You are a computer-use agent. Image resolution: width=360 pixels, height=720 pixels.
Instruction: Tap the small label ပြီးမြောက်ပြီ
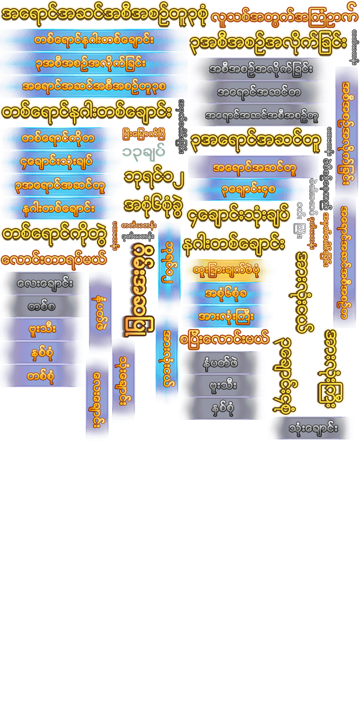(144, 134)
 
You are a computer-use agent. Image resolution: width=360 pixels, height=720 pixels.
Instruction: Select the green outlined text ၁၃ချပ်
(144, 152)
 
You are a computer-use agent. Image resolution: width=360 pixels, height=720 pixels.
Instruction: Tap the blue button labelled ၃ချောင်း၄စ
(248, 190)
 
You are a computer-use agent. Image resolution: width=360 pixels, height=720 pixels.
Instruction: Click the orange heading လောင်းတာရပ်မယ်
(53, 260)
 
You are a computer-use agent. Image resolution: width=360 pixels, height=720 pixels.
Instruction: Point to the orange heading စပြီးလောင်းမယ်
(224, 340)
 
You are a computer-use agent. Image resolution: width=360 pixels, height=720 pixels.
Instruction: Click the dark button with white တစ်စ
(41, 306)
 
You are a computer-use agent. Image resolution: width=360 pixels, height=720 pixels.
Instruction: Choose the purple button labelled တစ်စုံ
(41, 376)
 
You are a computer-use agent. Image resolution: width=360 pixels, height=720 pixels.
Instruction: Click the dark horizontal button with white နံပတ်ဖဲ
(220, 362)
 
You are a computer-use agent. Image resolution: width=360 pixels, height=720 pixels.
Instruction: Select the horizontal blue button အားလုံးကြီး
(226, 316)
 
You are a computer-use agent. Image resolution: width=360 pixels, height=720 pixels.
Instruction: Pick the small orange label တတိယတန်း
(139, 225)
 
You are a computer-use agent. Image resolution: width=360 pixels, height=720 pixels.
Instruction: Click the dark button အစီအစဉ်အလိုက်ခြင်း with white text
(261, 69)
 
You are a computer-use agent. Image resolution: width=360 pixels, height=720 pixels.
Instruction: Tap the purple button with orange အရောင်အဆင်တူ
(254, 167)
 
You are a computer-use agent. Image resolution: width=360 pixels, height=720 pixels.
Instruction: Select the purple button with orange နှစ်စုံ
(41, 353)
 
